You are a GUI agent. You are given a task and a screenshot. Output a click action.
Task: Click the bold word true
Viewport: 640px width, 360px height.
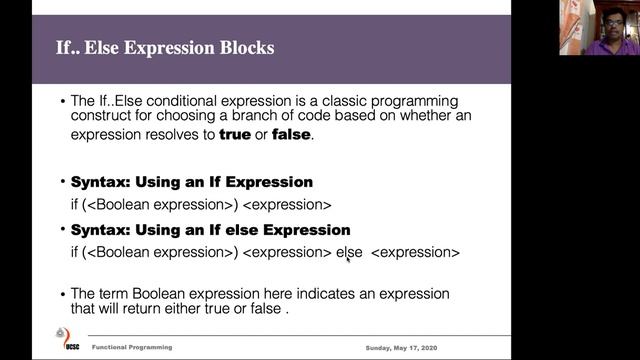click(x=236, y=135)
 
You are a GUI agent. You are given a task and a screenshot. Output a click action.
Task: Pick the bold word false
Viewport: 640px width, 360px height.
click(x=292, y=135)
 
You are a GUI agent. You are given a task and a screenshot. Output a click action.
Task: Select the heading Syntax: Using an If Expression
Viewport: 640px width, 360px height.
click(x=191, y=182)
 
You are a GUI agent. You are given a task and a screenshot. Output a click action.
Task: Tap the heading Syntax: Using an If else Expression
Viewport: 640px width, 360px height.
click(x=210, y=230)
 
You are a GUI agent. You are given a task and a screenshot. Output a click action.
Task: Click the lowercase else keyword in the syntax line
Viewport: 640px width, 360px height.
click(x=348, y=253)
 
